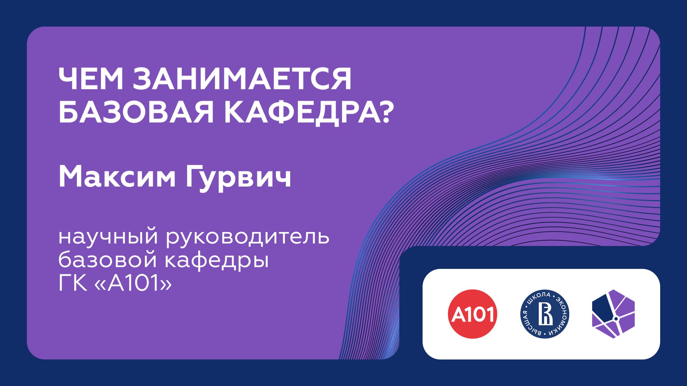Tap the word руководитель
(x=247, y=237)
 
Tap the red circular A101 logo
(x=473, y=314)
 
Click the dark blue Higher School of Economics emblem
(x=545, y=314)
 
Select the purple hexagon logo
(x=613, y=314)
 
